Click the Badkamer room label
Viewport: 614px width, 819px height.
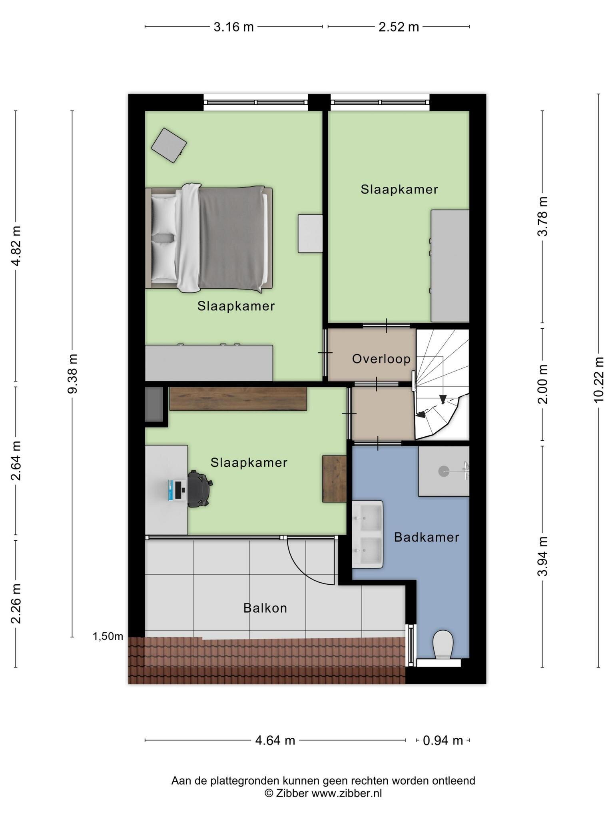point(427,537)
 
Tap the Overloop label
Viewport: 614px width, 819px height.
point(381,359)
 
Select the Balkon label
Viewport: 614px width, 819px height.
point(265,608)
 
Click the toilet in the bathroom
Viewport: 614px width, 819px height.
point(443,644)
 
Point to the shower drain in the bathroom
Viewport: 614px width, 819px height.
point(444,471)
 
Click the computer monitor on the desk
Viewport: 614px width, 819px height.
point(176,490)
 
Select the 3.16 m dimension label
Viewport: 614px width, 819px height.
point(234,27)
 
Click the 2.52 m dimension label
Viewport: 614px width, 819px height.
point(399,27)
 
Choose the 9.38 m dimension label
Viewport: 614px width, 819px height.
point(72,374)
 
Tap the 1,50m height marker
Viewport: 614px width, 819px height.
point(108,636)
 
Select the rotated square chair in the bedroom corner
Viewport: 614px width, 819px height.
point(169,146)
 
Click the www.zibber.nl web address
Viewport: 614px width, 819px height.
point(347,793)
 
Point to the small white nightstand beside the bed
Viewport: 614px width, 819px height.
point(310,234)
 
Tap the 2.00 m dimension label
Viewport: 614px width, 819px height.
point(542,384)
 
